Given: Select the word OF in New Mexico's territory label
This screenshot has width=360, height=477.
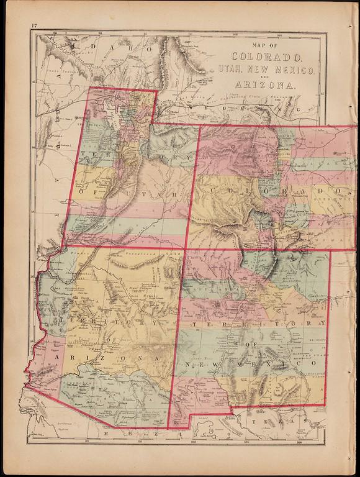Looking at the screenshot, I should pyautogui.click(x=251, y=340).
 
